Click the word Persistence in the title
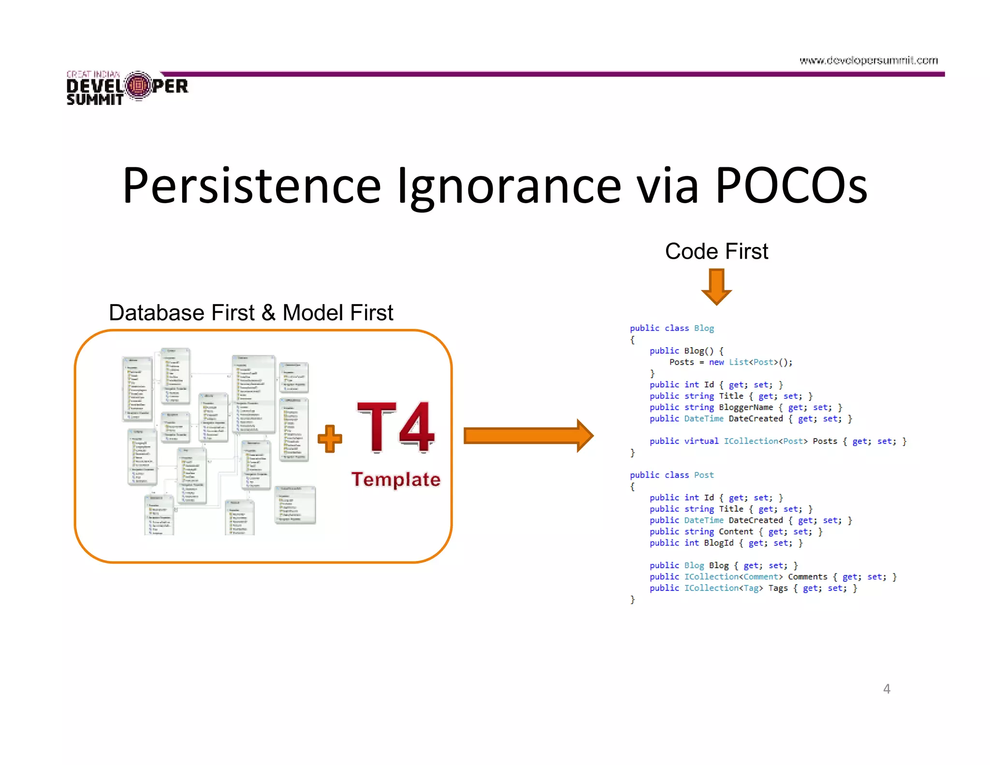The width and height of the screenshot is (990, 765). coord(251,186)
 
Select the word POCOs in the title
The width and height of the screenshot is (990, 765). coord(791,186)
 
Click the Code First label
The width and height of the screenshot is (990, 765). coord(716,251)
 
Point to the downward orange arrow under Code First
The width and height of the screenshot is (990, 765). coord(716,287)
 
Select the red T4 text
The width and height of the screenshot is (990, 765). coord(395,427)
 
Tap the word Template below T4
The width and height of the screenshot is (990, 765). coord(395,479)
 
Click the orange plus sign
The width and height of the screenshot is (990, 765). coord(330,438)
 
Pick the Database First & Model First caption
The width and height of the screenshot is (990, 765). coord(251,312)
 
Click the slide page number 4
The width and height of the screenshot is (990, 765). coord(887,689)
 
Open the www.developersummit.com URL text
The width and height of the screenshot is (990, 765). coord(868,60)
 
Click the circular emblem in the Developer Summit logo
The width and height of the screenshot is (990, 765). coord(138,86)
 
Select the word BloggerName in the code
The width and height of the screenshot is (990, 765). coord(746,407)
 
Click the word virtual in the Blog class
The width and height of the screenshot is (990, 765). coord(701,441)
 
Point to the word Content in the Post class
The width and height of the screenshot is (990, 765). coord(736,531)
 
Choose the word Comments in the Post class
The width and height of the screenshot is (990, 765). coord(807,576)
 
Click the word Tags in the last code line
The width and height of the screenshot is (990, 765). coord(778,588)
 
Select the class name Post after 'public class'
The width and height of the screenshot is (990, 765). coord(704,475)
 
